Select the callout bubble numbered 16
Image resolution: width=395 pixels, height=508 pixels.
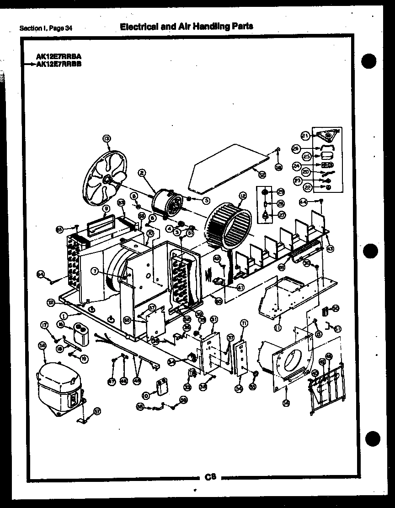click(x=60, y=324)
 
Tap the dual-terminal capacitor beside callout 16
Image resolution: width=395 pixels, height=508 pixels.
click(x=80, y=332)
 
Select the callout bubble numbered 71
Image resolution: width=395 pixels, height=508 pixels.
click(x=244, y=323)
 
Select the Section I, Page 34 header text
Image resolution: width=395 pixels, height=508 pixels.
click(x=46, y=28)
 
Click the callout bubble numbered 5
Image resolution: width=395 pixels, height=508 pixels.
click(x=206, y=200)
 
